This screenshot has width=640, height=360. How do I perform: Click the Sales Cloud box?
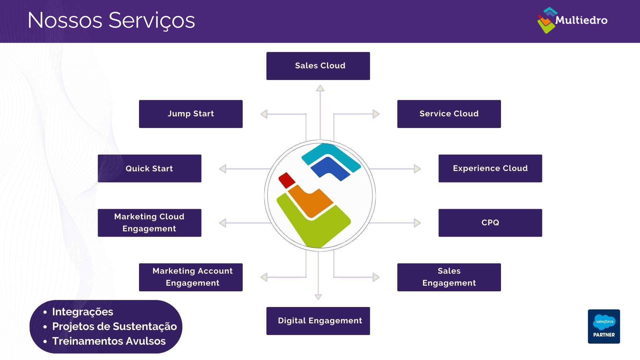pos(318,66)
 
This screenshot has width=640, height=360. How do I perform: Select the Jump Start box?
pos(191,114)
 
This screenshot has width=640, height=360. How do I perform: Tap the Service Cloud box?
pos(449,114)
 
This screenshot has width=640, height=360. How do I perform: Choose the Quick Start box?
pos(149,168)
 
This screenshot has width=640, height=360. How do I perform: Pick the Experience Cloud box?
pos(490,168)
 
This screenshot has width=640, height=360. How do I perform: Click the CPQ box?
pos(490,223)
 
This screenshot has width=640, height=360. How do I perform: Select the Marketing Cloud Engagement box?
pos(149,223)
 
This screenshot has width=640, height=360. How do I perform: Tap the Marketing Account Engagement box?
pos(191,277)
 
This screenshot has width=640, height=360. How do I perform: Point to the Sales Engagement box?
pos(449,277)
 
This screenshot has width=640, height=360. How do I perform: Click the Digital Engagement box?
pos(318,321)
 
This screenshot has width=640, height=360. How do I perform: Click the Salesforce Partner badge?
pos(604,326)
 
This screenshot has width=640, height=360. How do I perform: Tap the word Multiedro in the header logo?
pos(581,20)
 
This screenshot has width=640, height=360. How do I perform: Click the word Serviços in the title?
pos(152,21)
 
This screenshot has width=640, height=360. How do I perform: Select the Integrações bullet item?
pos(83,312)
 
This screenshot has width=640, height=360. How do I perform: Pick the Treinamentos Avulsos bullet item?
pos(109,341)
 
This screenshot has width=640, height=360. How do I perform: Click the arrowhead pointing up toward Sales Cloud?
pos(320,88)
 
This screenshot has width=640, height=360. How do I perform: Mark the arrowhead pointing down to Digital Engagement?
pos(318,297)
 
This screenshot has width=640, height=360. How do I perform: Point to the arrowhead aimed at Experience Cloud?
pos(417,169)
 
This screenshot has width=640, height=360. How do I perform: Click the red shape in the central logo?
pos(287,180)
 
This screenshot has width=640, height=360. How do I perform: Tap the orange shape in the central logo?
pos(310,202)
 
